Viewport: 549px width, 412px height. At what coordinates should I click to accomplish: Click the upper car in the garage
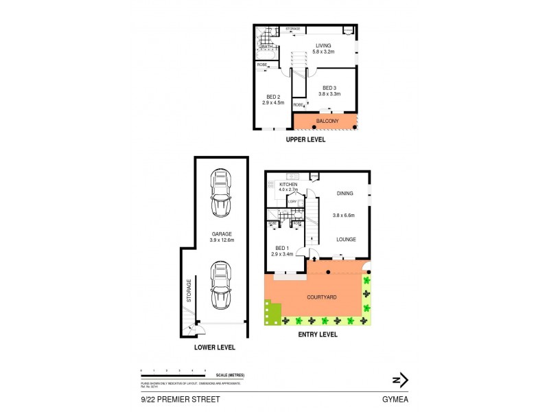click(x=220, y=193)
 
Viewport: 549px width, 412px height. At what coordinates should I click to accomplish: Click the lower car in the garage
click(x=220, y=285)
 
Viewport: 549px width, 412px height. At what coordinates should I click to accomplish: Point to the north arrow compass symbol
click(x=399, y=379)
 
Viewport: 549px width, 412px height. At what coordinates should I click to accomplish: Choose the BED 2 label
click(x=272, y=99)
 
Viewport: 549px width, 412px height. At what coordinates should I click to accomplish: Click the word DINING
click(x=345, y=194)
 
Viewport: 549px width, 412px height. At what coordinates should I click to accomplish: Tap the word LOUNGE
click(x=345, y=240)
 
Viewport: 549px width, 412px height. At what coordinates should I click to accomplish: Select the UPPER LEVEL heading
click(x=305, y=140)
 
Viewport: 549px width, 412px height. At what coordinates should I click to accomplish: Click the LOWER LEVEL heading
click(x=215, y=347)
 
